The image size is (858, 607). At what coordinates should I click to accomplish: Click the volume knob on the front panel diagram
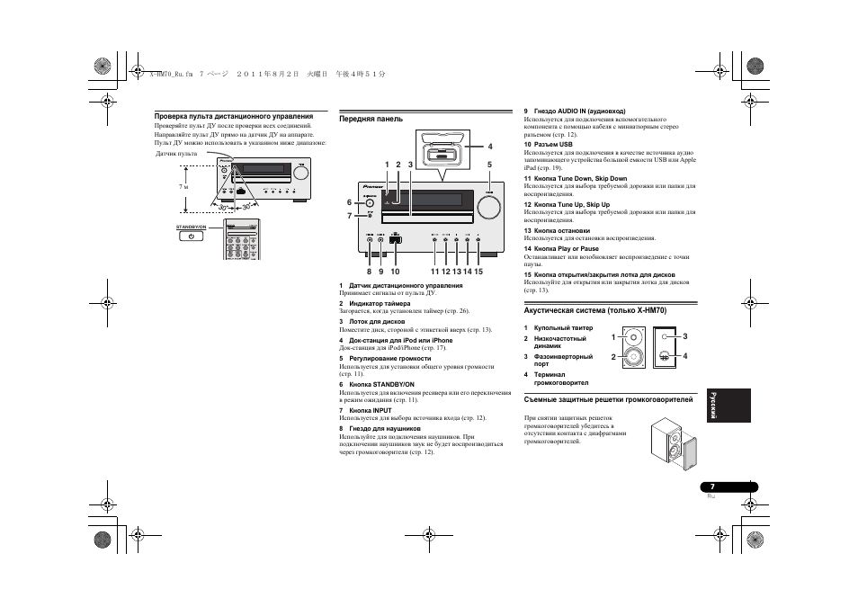(x=488, y=205)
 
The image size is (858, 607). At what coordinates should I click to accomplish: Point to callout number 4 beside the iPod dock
(x=490, y=147)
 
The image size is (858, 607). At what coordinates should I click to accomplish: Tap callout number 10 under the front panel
(x=394, y=271)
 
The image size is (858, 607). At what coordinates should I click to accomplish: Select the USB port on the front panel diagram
(x=396, y=240)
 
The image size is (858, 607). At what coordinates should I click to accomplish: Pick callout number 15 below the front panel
(x=478, y=271)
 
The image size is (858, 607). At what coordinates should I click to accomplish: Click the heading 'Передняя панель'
(x=371, y=119)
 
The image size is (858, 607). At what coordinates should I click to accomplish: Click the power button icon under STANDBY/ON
(x=192, y=237)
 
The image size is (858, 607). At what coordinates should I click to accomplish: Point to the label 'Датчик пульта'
(x=176, y=154)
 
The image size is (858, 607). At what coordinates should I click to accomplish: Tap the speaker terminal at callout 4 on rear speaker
(x=664, y=354)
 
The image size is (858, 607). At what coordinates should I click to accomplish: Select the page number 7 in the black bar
(x=711, y=486)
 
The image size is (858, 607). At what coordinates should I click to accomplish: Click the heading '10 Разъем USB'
(x=548, y=144)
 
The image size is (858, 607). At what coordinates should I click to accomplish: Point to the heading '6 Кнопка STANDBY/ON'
(x=376, y=384)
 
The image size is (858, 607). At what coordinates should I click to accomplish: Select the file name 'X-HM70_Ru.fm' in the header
(x=172, y=76)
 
